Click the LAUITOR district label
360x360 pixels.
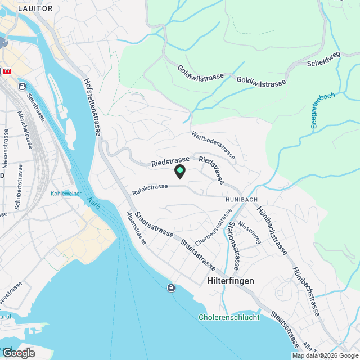35,8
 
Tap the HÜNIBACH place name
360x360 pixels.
241,200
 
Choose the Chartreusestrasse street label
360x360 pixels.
214,227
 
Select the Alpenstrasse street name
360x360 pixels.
137,229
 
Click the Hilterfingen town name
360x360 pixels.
231,280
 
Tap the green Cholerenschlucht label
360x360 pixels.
229,317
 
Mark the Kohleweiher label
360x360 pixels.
66,193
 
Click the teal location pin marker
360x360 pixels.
180,170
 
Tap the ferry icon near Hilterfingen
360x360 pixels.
170,289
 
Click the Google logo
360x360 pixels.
18,353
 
